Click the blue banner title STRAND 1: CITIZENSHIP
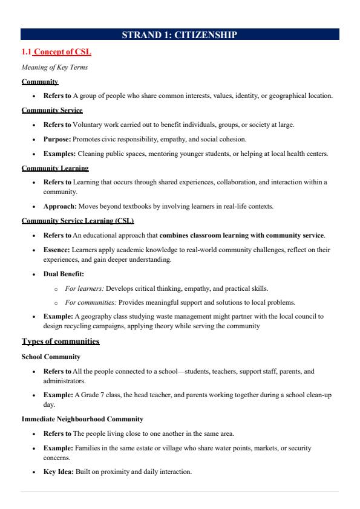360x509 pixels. pos(180,35)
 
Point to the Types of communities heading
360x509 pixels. pos(61,342)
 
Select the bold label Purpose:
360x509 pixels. pos(59,139)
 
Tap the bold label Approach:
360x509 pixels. pos(61,206)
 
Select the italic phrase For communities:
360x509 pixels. pos(90,302)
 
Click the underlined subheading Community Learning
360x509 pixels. pos(55,168)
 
